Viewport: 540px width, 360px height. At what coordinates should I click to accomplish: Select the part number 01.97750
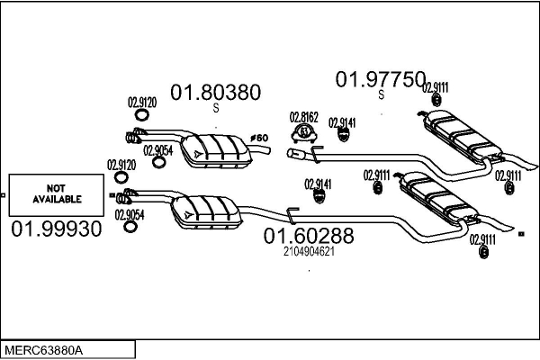pos(380,80)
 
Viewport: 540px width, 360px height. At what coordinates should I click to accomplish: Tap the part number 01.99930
pos(56,229)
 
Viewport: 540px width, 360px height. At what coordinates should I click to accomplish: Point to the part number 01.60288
pos(308,237)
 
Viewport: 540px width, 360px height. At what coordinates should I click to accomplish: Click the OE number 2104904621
pos(308,252)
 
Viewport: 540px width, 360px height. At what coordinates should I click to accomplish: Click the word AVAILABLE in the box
pos(57,198)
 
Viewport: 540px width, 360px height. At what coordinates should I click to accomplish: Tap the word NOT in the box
pos(57,186)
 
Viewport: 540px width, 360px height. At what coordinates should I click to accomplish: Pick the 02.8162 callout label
pos(303,117)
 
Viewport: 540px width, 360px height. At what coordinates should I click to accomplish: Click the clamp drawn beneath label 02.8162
pos(304,134)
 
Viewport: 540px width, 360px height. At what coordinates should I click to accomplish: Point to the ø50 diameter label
pos(259,138)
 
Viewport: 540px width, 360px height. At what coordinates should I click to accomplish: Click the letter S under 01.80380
pos(216,108)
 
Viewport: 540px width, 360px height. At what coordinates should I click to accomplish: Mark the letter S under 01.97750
pos(381,95)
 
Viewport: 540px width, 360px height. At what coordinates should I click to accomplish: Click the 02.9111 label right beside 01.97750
pos(436,86)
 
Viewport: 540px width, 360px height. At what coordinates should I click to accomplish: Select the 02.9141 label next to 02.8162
pos(342,121)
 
